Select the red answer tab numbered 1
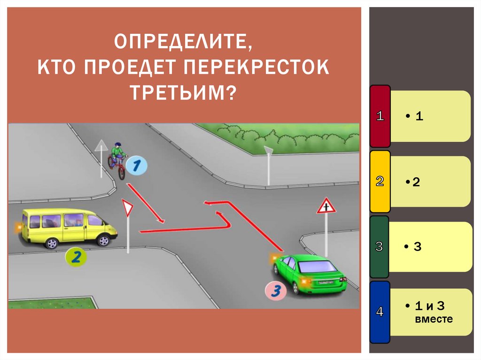click(380, 116)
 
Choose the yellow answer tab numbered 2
click(380, 182)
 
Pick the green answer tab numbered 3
click(380, 246)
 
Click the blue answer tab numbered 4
click(380, 312)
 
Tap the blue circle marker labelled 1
click(136, 165)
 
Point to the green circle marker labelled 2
click(77, 256)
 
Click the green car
click(310, 274)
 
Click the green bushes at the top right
click(282, 134)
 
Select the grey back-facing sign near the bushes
click(268, 151)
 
